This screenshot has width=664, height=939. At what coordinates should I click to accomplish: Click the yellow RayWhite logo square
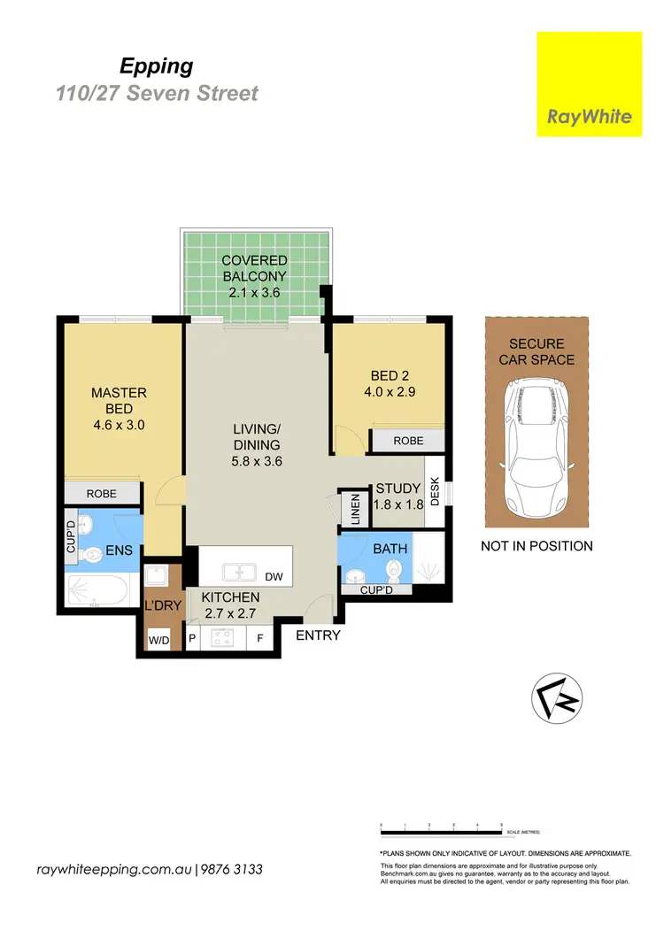(590, 84)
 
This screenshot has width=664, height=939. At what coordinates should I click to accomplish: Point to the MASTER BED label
(119, 400)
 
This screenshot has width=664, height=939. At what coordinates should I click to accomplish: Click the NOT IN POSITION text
(537, 546)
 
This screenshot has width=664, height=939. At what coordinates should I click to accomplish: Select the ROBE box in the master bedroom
(101, 494)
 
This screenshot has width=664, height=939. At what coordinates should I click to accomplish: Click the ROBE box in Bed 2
(408, 440)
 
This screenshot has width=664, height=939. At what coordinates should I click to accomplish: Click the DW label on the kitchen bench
(274, 577)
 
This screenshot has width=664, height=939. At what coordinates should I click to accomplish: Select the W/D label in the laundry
(158, 638)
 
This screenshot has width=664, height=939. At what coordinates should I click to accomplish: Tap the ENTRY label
(318, 635)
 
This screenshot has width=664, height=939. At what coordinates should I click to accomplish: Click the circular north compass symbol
(557, 698)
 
